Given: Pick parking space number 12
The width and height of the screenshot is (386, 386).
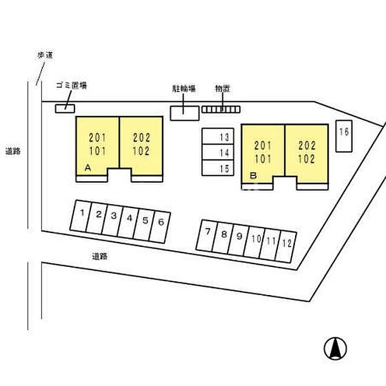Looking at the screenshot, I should [286, 243].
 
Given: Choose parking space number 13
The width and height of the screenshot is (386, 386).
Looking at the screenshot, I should [218, 137].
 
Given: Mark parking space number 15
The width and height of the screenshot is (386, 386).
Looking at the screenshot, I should [218, 168].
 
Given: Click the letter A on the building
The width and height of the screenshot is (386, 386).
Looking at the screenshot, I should [87, 168].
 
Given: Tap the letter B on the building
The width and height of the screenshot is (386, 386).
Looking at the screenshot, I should [253, 176].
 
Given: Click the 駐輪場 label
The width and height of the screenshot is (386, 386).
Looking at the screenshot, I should [184, 88].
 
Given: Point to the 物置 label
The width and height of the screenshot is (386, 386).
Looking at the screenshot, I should [223, 88].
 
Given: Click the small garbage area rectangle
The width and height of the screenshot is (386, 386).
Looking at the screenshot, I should [65, 108].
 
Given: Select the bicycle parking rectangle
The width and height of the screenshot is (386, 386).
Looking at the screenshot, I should [184, 112].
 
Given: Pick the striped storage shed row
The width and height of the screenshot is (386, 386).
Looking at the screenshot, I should [221, 109].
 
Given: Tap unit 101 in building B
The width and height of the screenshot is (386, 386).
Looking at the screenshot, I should [263, 160].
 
